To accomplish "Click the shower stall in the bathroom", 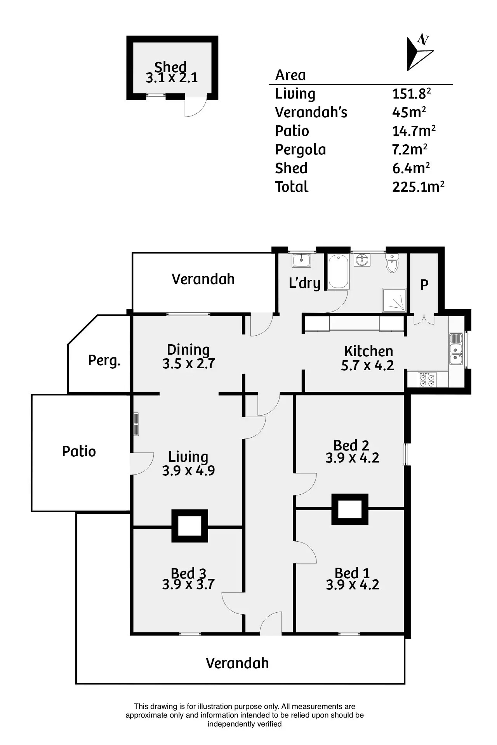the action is click(394, 300).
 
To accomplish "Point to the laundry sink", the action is click(301, 260).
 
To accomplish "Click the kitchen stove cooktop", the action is click(427, 379).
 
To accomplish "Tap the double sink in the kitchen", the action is click(456, 349).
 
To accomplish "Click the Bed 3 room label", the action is click(188, 573).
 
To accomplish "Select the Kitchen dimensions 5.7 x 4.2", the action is click(367, 366).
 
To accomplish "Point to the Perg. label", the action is click(104, 360).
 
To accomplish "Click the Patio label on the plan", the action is click(79, 451).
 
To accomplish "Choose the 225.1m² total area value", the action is click(418, 187).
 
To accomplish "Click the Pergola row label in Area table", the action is click(300, 150).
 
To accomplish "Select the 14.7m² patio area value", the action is click(414, 131).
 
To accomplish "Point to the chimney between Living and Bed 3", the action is click(190, 526).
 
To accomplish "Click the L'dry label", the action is click(304, 283).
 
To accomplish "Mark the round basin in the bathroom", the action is click(362, 259).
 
